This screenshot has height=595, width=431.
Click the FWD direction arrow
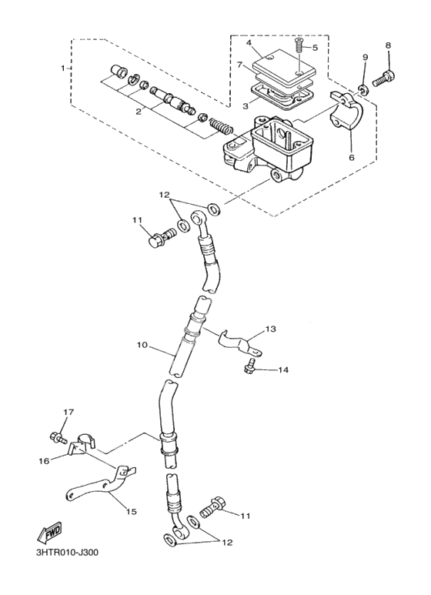point(48,533)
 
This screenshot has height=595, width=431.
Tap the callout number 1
point(63,68)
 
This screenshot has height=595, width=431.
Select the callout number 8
point(388,45)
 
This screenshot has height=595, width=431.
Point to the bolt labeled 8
point(384,79)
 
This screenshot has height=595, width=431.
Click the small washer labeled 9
point(363,90)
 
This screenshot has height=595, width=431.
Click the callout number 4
point(249,42)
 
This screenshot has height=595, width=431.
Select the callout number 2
point(139,111)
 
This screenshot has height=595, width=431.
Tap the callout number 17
point(68,412)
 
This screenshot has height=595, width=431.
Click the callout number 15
point(131,512)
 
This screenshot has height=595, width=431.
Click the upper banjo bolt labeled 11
point(161,237)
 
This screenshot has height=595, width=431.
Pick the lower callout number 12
point(227,543)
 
